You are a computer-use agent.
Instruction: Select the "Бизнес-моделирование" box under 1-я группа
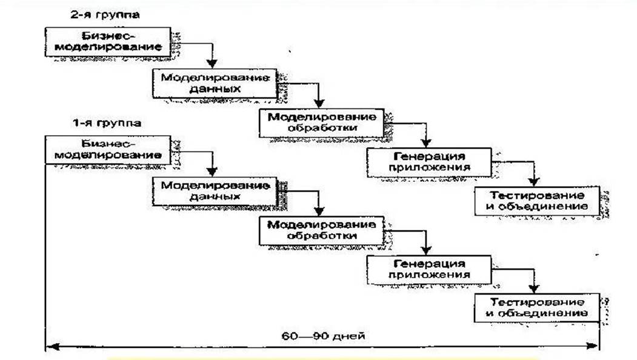point(107,150)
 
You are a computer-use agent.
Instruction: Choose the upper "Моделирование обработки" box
point(321,122)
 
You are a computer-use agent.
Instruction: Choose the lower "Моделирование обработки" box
point(321,230)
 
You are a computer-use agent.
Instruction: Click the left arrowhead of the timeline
point(51,347)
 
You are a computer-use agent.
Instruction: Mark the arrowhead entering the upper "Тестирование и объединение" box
point(533,182)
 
